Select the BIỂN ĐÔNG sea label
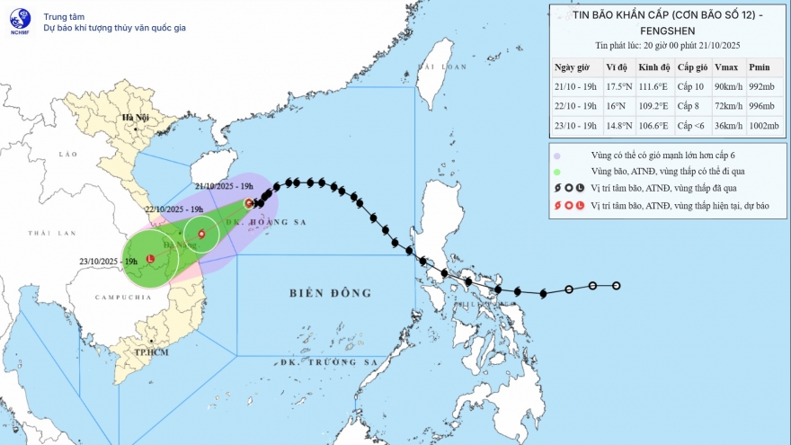pos(331,293)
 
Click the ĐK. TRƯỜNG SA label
pos(328,362)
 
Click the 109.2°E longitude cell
pos(653,106)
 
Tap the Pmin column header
pos(760,68)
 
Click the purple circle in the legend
pos(559,155)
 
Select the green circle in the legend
pos(559,172)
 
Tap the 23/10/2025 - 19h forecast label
pos(109,261)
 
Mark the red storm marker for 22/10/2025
pos(201,236)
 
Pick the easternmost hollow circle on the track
pos(617,286)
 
